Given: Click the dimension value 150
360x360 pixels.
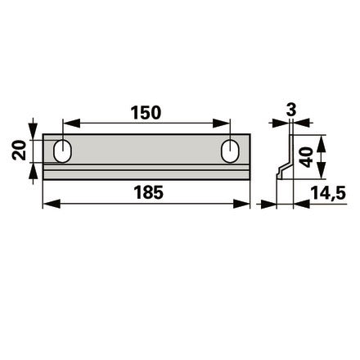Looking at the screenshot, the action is point(146,113).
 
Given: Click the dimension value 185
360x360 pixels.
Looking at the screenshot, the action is point(148,192).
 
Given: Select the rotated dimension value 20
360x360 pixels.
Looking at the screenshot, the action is point(19,151).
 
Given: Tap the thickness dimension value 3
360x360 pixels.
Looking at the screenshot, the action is point(291,110).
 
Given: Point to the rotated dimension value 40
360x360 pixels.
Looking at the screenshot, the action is point(305,157).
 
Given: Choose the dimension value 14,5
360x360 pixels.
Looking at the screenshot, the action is point(328,193).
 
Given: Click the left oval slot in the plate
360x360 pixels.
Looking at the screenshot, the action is point(63,151).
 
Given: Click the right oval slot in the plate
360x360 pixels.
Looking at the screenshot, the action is point(231,151).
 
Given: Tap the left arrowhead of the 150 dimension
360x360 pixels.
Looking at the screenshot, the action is point(71,124).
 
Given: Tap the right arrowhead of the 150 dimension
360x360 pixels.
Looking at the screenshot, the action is point(222,124).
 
